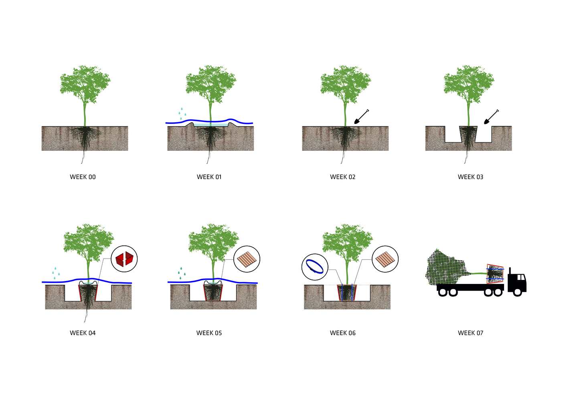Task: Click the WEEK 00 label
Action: pyautogui.click(x=83, y=177)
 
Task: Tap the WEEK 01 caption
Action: pyautogui.click(x=209, y=177)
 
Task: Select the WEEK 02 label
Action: pyautogui.click(x=343, y=177)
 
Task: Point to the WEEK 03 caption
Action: pyautogui.click(x=470, y=177)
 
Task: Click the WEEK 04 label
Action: pyautogui.click(x=83, y=333)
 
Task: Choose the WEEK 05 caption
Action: pyautogui.click(x=209, y=333)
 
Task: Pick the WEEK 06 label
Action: pyautogui.click(x=343, y=333)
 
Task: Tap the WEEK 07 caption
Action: pyautogui.click(x=470, y=333)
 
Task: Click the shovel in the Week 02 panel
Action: pyautogui.click(x=361, y=117)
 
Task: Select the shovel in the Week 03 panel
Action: pyautogui.click(x=491, y=117)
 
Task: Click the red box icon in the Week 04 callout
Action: pyautogui.click(x=124, y=259)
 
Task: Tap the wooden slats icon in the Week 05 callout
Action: pyautogui.click(x=247, y=259)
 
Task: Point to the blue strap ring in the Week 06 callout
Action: pyautogui.click(x=315, y=267)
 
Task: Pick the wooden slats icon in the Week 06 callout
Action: pyautogui.click(x=385, y=259)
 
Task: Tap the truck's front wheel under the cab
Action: pyautogui.click(x=517, y=292)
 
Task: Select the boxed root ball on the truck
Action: pyautogui.click(x=495, y=273)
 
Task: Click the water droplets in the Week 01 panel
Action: pyautogui.click(x=182, y=113)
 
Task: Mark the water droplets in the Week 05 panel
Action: pyautogui.click(x=182, y=273)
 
